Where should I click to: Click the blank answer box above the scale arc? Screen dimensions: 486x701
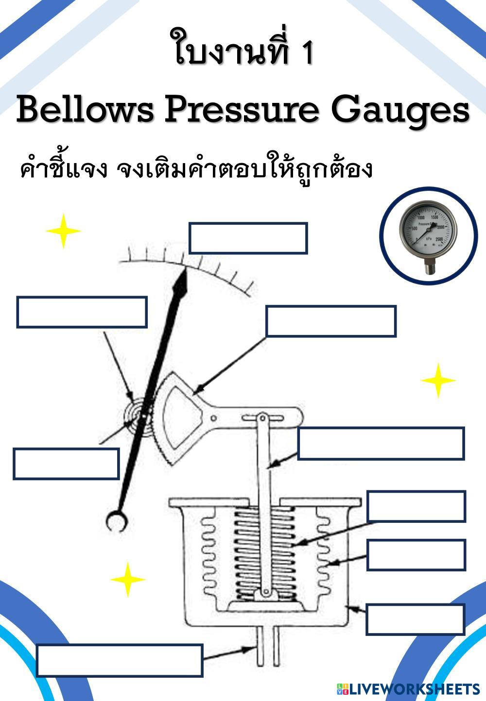[x=248, y=238]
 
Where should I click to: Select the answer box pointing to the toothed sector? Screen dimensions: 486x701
[x=330, y=321]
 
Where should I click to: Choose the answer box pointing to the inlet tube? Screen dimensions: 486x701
[x=119, y=660]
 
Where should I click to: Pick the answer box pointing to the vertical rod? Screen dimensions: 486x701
[x=381, y=443]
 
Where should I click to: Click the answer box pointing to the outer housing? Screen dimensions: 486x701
[x=415, y=618]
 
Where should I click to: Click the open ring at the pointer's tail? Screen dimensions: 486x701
[x=117, y=521]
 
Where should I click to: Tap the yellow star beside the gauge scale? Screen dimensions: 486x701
[x=63, y=231]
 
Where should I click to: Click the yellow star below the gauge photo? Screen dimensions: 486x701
[x=438, y=380]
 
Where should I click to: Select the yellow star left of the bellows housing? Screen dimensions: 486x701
[x=127, y=579]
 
